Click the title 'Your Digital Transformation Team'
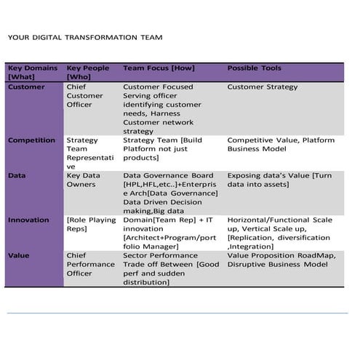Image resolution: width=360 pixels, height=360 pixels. click(x=85, y=37)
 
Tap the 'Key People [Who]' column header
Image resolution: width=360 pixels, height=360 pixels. click(x=87, y=72)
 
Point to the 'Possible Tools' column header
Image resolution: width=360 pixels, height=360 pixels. click(x=255, y=68)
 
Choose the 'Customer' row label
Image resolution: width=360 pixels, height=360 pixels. click(x=26, y=87)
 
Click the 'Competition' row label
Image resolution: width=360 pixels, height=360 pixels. click(x=31, y=140)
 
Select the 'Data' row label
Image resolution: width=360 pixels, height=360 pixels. click(x=17, y=176)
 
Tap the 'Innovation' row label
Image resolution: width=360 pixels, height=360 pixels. click(x=29, y=220)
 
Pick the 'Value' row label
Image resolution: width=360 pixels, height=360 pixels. click(x=19, y=255)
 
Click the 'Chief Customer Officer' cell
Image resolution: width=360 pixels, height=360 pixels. click(x=85, y=96)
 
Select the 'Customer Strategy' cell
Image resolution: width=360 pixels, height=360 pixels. click(x=263, y=87)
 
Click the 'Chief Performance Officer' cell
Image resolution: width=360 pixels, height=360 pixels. click(x=90, y=264)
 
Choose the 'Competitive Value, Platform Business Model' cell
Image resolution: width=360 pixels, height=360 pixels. click(x=281, y=145)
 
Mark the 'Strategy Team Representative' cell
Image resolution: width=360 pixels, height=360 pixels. click(x=87, y=153)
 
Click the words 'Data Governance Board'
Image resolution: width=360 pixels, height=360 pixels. click(x=168, y=176)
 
